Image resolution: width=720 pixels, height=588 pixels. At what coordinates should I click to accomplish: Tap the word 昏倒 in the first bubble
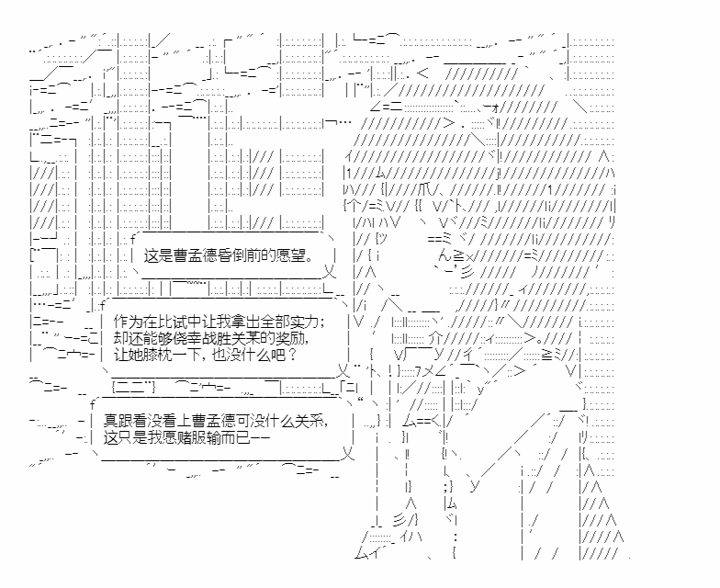[x=236, y=257]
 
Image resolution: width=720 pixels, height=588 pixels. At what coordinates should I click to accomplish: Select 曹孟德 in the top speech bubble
[x=197, y=257]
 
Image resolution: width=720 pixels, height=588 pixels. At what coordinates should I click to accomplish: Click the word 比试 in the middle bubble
[x=167, y=322]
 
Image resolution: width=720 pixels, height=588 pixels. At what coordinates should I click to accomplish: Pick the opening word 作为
[x=123, y=322]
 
